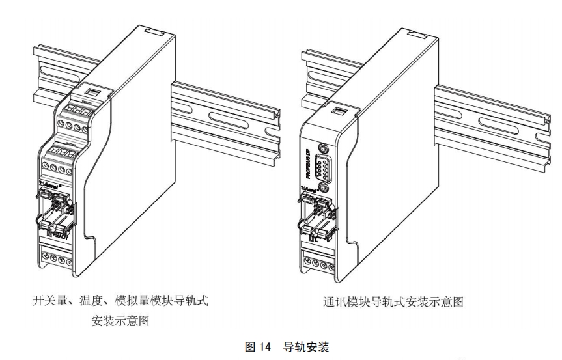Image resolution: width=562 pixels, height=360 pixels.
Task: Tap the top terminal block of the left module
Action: pos(74,110)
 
